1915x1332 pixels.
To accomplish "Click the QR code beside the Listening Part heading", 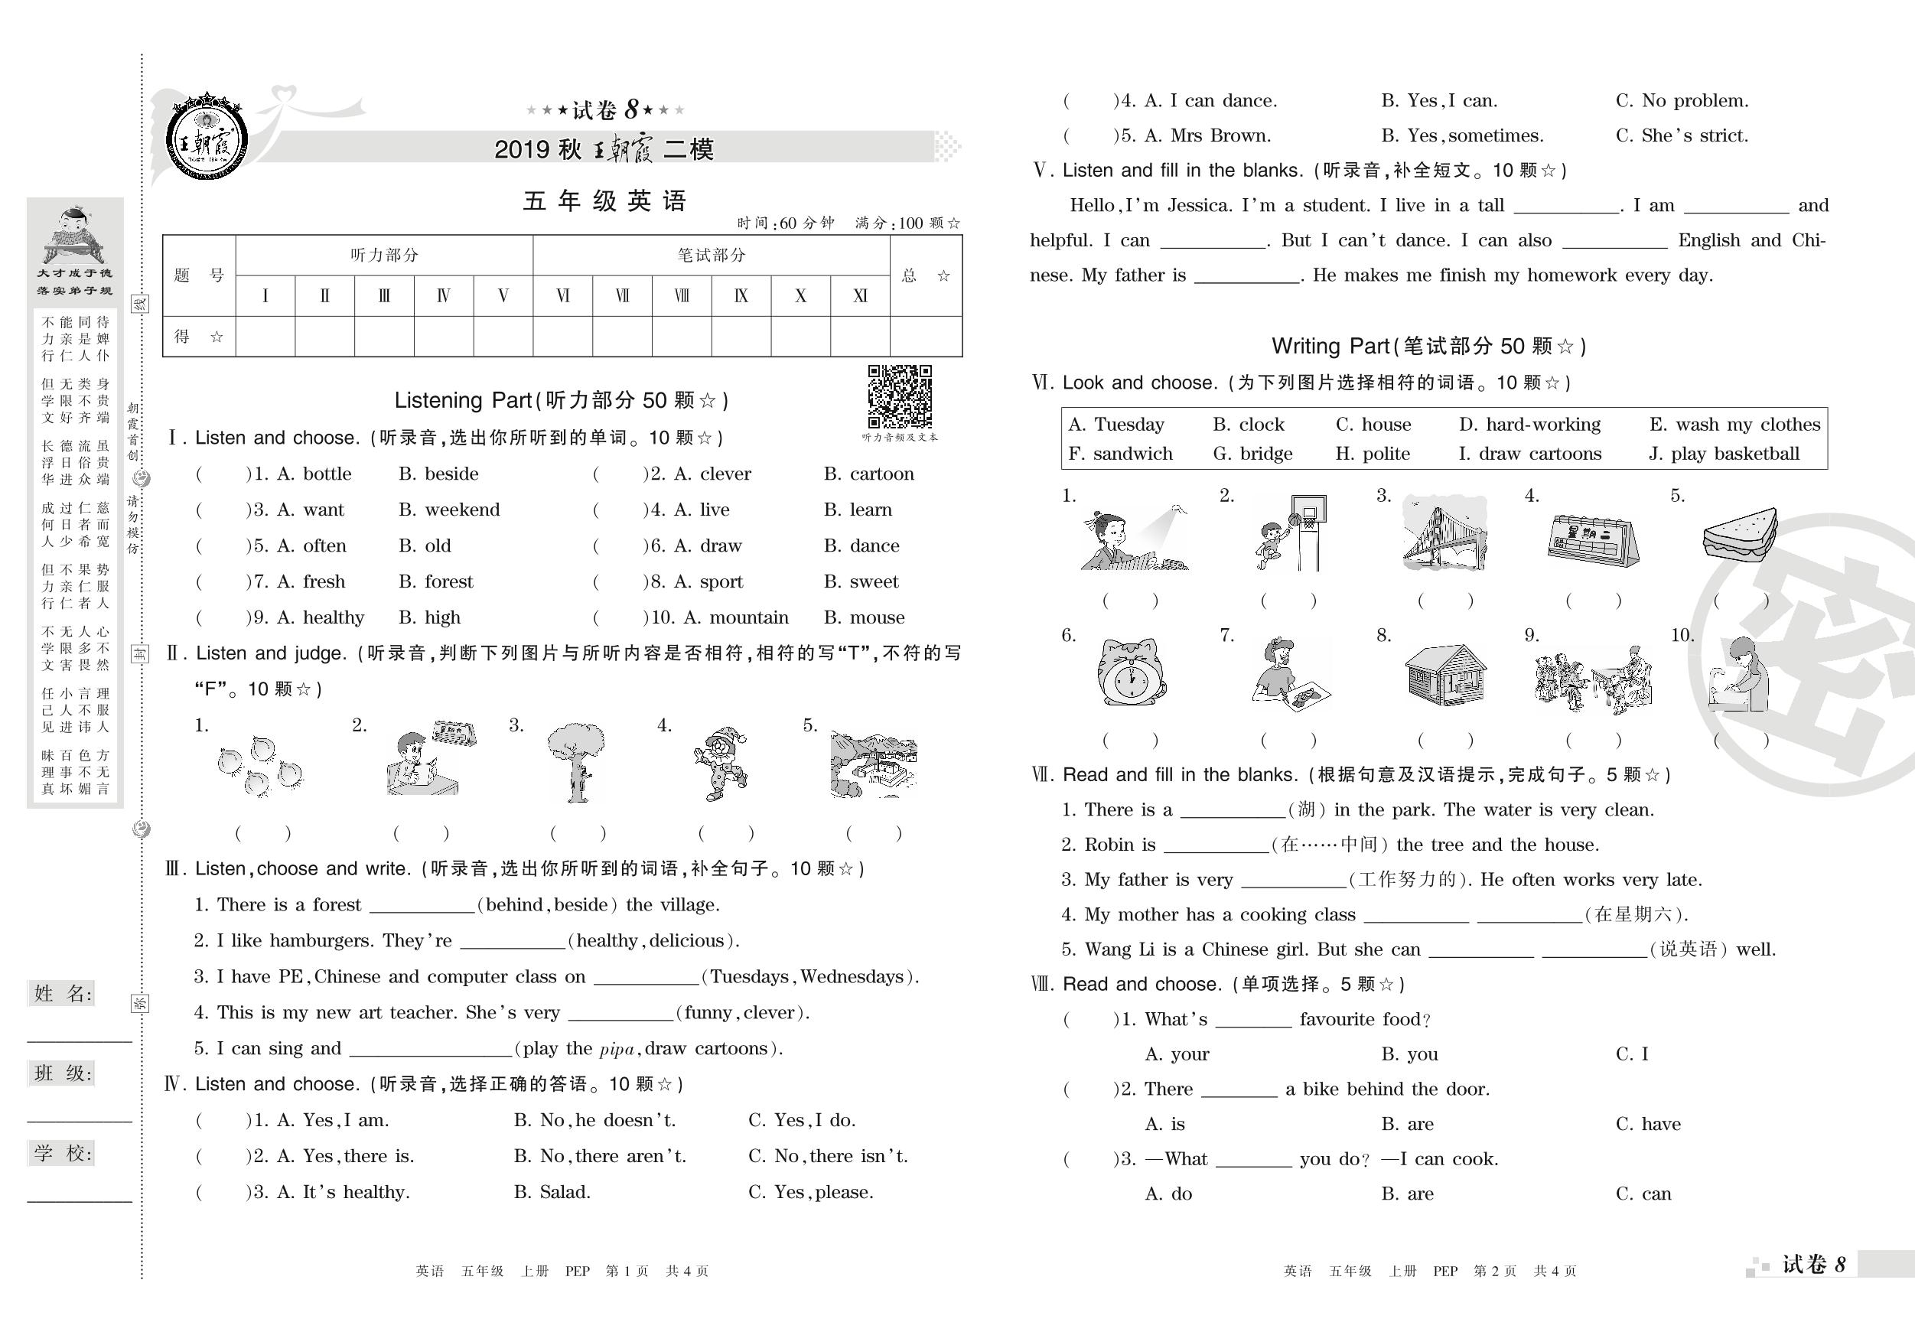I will point(899,396).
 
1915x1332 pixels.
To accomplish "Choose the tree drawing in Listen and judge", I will point(575,761).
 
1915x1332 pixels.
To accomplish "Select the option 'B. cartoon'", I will point(868,474).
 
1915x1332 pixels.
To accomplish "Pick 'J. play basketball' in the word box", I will point(1723,454).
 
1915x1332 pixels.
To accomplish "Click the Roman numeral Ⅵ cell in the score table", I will point(563,296).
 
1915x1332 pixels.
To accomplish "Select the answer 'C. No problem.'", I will point(1682,101).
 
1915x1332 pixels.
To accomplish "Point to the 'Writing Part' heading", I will point(1428,346).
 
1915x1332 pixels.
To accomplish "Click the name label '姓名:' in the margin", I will point(63,993).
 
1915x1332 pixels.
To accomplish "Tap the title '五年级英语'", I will point(604,201).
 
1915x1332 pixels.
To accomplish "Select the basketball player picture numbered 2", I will point(1288,534).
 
